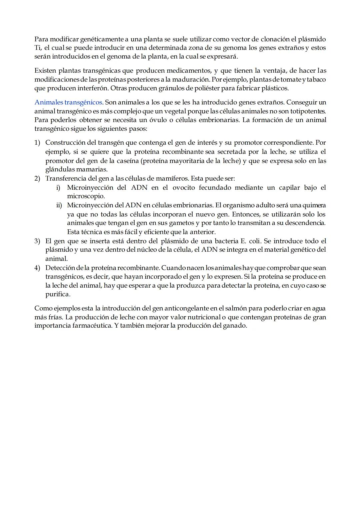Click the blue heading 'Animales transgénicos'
(68, 102)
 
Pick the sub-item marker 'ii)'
(59, 205)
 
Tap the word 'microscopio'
(85, 196)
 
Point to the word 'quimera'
(314, 205)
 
